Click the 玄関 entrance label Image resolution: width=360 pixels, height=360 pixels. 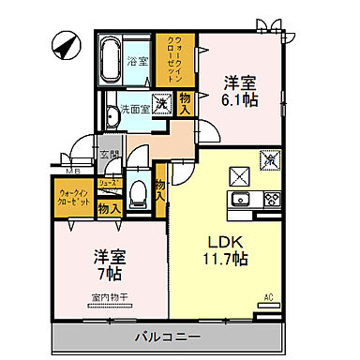(110, 155)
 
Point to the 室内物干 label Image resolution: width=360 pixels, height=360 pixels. (110, 297)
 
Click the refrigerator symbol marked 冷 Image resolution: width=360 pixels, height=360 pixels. (273, 160)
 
